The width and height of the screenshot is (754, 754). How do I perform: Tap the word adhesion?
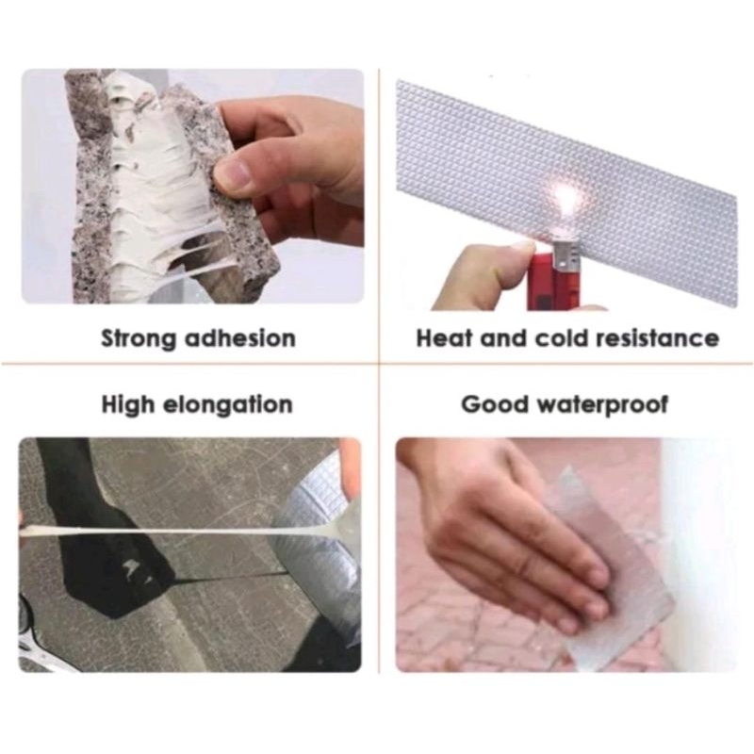240,338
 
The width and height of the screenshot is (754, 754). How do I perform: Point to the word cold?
560,338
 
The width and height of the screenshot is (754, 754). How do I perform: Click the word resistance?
657,338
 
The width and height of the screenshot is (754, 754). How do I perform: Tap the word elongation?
227,405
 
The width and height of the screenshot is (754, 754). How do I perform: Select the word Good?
494,404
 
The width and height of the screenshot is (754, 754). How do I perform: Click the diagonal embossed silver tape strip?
567,192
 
